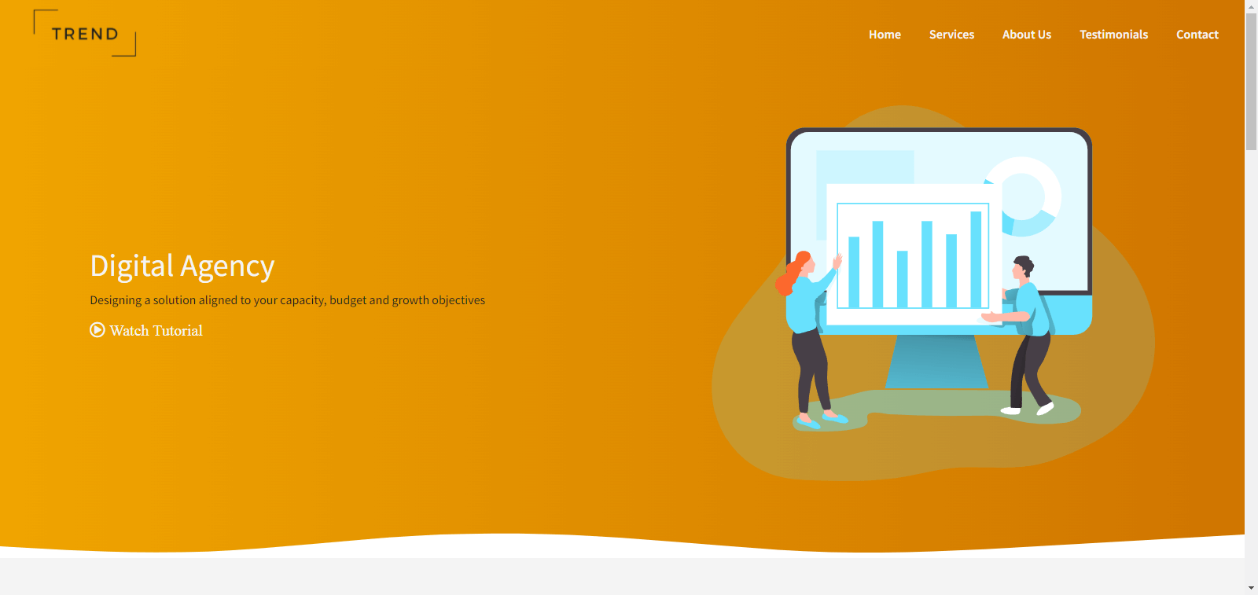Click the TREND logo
coord(85,34)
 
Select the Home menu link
coord(885,35)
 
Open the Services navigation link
coord(951,35)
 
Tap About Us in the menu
coord(1027,35)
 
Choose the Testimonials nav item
coord(1113,35)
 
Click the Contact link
coord(1197,35)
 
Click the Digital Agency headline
coord(182,266)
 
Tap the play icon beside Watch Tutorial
coord(97,329)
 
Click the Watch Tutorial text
coord(156,331)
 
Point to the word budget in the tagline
coord(347,300)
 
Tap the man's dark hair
coord(1024,264)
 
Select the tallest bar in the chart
coord(976,259)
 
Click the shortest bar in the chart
coord(903,279)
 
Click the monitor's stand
coord(936,362)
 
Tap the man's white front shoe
coord(1045,409)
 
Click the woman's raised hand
coord(837,261)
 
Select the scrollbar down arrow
coord(1251,588)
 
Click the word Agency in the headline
coord(227,266)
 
